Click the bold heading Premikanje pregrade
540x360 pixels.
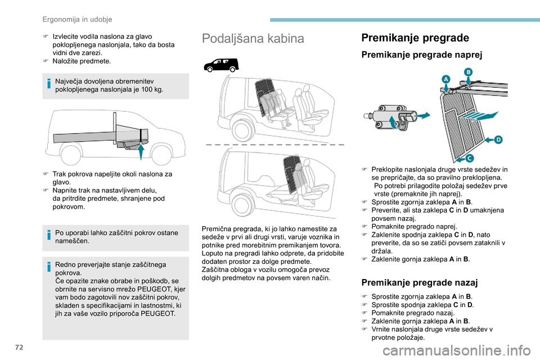(415, 38)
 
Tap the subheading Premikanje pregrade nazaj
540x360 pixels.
(420, 282)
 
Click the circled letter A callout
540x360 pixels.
(445, 80)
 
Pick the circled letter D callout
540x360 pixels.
(497, 139)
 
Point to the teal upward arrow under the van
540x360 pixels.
(141, 144)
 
